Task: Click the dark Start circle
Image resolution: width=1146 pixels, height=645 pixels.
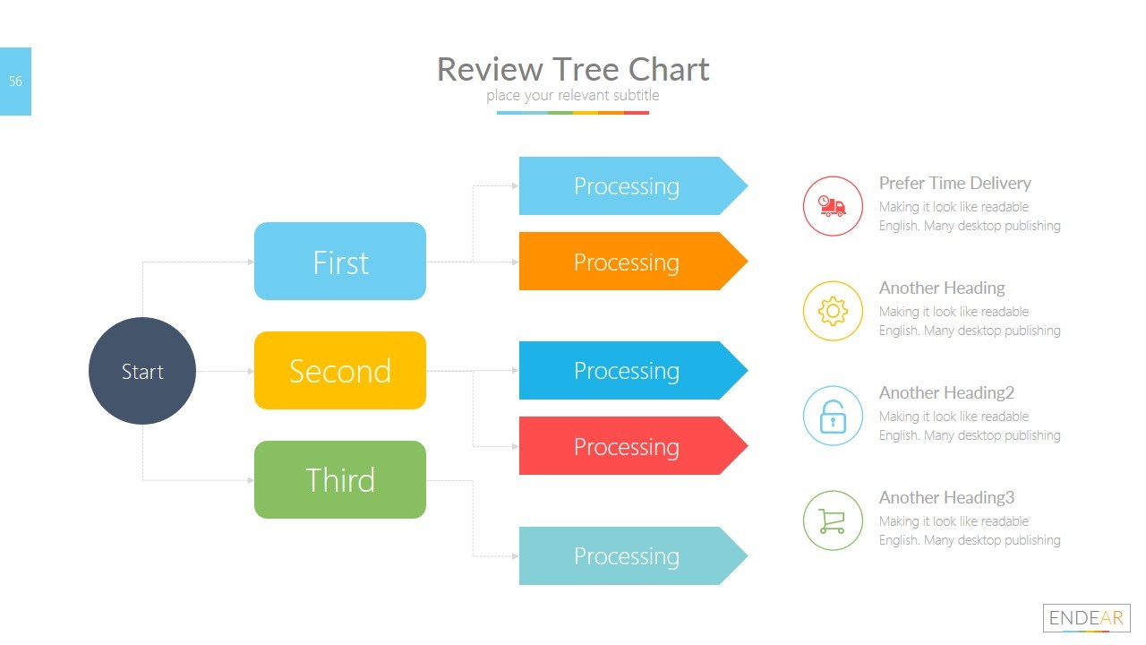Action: pos(142,371)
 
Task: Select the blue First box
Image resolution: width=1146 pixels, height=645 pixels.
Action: pos(340,262)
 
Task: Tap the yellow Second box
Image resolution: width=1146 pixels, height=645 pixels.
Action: pos(340,371)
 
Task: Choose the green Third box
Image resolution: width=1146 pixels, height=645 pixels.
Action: pos(340,480)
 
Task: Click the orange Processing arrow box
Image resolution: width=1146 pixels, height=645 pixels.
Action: pos(627,262)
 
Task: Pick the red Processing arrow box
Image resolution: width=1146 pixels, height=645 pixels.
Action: pos(627,446)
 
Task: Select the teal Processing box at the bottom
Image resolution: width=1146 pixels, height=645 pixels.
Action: pos(627,556)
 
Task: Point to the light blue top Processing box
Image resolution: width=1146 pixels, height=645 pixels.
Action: pos(627,186)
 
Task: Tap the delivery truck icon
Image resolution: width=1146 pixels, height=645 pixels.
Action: pos(833,206)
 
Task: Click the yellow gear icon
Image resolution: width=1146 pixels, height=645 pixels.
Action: pos(833,311)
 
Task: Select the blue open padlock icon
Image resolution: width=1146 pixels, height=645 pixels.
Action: pos(833,416)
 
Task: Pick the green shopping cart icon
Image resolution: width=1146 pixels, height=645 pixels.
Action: pos(833,520)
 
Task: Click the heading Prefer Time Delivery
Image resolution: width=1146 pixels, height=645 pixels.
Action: pos(954,184)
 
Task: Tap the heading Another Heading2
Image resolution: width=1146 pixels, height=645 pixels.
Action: pos(946,393)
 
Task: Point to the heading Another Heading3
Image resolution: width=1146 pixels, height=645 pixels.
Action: pos(946,498)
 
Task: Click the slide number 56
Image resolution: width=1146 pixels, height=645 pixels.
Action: pos(15,82)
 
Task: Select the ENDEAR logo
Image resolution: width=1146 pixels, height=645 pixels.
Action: pos(1086,618)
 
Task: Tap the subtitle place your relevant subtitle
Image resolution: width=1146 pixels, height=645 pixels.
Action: pos(573,96)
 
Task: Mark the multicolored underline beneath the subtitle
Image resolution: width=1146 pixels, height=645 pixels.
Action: pos(573,113)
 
